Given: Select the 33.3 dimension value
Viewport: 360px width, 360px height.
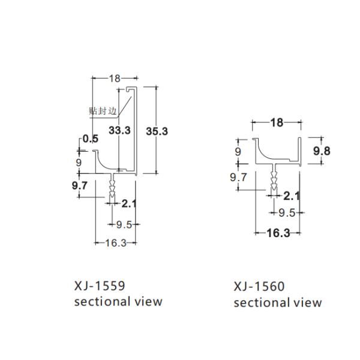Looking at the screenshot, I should pos(119,131).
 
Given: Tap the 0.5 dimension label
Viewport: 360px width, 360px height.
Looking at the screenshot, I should pos(91,139).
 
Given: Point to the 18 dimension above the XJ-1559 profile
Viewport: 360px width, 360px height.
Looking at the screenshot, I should pos(115,78).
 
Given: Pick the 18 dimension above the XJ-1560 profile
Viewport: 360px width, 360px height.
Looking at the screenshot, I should pos(276,123).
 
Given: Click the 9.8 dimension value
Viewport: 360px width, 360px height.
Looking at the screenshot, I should pos(322,151).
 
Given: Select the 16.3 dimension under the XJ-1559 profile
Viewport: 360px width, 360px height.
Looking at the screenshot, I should pos(115,242).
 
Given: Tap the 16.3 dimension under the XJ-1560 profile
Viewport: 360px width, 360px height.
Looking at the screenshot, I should pos(277,233).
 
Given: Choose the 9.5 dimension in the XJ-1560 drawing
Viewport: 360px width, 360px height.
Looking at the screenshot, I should pos(287,212).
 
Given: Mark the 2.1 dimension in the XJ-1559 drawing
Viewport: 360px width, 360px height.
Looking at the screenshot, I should pos(129,203).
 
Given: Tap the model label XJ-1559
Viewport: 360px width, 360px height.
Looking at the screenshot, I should pos(100,285).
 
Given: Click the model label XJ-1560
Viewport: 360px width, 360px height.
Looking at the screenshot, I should pos(259,286).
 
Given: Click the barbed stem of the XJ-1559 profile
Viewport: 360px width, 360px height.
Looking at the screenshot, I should pos(112,187).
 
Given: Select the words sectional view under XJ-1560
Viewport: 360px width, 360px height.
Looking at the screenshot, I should pos(277,302).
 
